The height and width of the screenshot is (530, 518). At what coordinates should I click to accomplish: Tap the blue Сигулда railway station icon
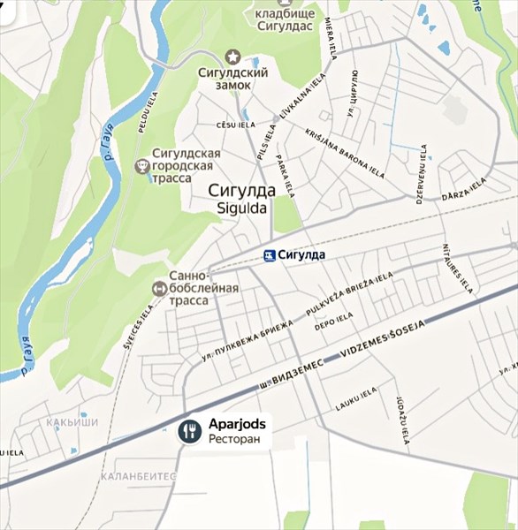pyautogui.click(x=269, y=255)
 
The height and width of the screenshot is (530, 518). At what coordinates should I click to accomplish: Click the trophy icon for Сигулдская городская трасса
pyautogui.click(x=141, y=165)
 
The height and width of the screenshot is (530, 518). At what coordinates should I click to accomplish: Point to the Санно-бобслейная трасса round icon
pyautogui.click(x=159, y=287)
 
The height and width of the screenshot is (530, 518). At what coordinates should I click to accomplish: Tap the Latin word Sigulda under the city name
pyautogui.click(x=241, y=208)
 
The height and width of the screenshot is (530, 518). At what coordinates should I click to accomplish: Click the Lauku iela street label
pyautogui.click(x=356, y=405)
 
